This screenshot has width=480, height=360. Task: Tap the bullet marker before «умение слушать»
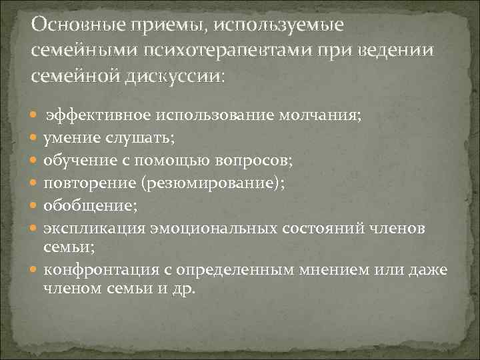pos(35,139)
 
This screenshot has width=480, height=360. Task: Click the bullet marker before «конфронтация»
pos(35,270)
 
